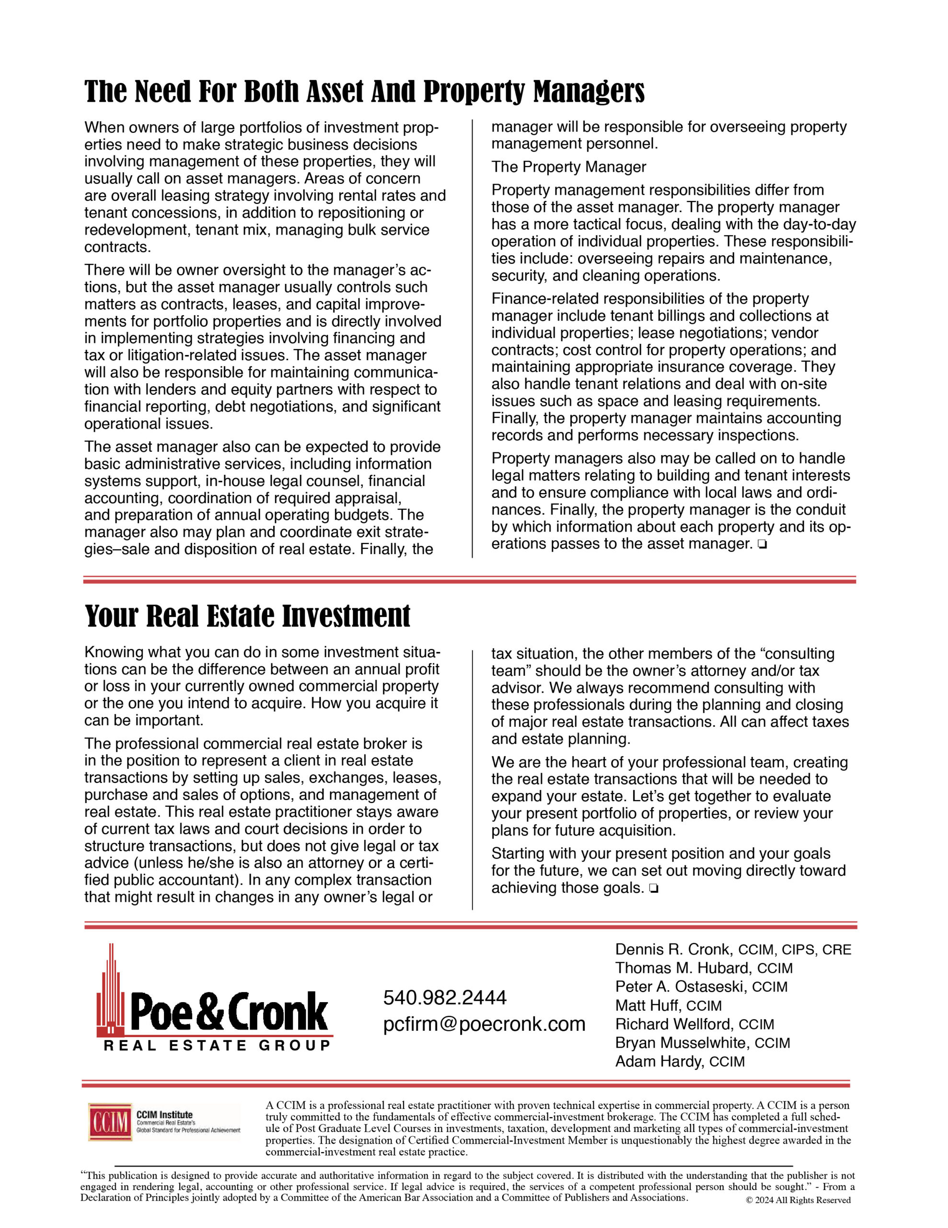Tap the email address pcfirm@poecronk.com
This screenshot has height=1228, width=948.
click(x=484, y=1024)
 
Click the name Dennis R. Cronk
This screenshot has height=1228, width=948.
click(x=672, y=950)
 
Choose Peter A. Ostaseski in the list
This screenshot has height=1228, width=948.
click(x=681, y=987)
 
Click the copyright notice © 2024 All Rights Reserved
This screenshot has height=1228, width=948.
click(x=798, y=1201)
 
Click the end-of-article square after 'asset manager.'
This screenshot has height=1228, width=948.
click(x=762, y=544)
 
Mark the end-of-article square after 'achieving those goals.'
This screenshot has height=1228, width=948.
click(x=653, y=889)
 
